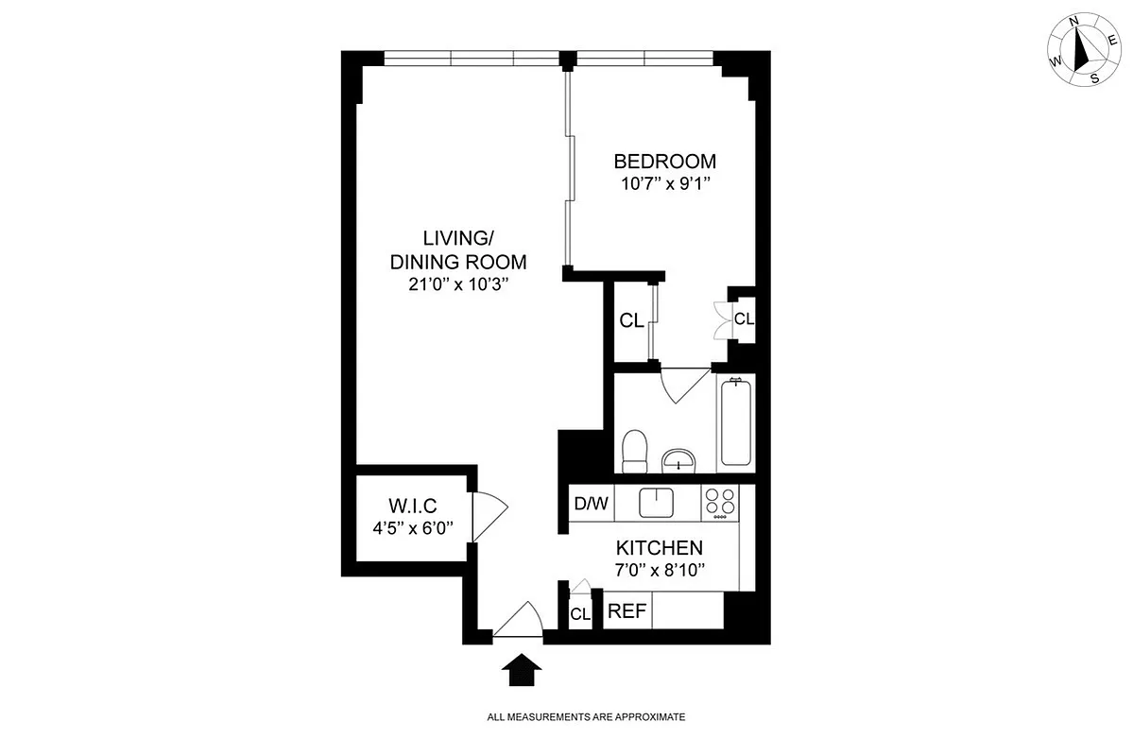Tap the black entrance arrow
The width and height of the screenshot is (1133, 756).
tap(520, 672)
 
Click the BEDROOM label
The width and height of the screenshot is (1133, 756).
tap(664, 161)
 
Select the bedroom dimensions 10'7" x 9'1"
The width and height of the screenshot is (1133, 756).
tap(664, 184)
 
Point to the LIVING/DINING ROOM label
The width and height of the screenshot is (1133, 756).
tap(458, 250)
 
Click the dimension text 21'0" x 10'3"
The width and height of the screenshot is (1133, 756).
tap(458, 285)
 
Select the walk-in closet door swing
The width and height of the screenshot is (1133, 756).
tap(489, 518)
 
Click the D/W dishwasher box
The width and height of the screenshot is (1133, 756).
tap(592, 504)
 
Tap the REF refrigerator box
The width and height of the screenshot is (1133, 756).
tap(627, 611)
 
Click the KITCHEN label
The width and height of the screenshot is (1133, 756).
tap(659, 547)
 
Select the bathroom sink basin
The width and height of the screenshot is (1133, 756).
tap(678, 460)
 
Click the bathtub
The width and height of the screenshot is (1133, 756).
tap(736, 423)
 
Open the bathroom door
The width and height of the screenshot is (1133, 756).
tap(685, 383)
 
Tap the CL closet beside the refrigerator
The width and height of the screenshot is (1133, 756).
tap(579, 614)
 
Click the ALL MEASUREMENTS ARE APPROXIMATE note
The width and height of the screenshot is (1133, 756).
tap(585, 717)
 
